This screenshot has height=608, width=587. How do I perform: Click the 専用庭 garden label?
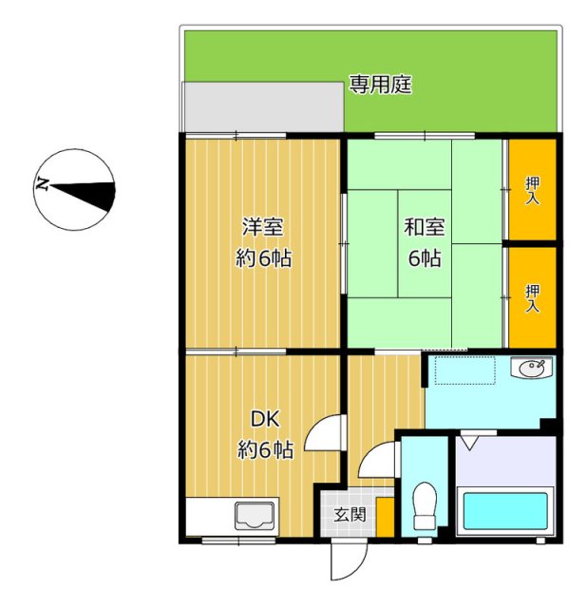(x=380, y=85)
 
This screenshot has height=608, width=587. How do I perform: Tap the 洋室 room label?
(x=262, y=227)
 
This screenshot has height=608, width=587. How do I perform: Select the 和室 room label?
(x=425, y=227)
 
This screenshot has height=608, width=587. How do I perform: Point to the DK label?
(x=265, y=419)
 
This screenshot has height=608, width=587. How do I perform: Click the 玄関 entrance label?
(x=350, y=515)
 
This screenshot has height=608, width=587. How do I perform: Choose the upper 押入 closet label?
(x=532, y=191)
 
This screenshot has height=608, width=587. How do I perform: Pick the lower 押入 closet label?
(x=532, y=298)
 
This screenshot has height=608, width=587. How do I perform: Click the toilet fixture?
(x=425, y=505)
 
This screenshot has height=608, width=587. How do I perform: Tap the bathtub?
(x=505, y=511)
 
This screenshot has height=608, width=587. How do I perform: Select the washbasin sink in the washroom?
(x=533, y=368)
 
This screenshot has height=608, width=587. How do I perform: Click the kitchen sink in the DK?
(x=255, y=515)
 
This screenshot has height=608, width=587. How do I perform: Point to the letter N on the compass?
(x=42, y=183)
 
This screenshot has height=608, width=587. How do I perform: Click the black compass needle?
(x=83, y=196)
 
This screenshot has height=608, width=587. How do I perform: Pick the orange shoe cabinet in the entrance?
(x=386, y=517)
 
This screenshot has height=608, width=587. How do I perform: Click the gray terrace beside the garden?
(x=263, y=106)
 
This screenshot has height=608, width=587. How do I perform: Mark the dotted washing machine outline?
(x=464, y=370)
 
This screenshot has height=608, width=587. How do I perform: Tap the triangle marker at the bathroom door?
(x=469, y=443)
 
